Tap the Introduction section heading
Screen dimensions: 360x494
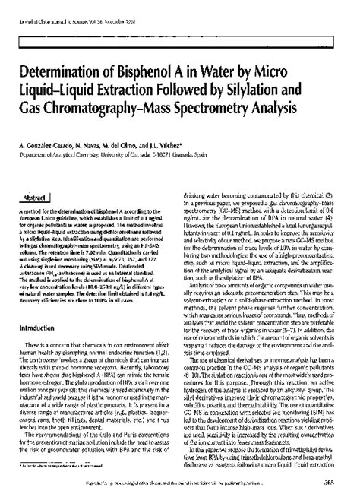(45, 349)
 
